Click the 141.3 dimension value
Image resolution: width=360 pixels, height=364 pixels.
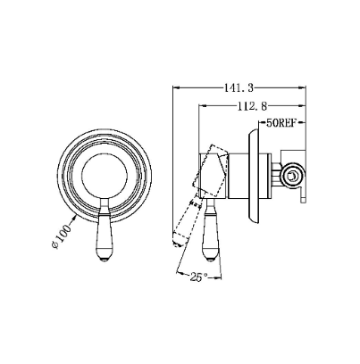point(239,87)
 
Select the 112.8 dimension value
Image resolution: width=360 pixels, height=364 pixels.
point(252,106)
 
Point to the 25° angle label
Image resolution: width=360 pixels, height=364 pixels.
point(199,277)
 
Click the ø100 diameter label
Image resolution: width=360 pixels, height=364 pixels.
point(62,236)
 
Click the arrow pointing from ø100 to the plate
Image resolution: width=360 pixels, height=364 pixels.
point(72,220)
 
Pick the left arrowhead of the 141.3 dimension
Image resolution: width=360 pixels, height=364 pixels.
point(176,87)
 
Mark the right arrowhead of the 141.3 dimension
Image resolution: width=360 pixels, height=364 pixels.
point(303,87)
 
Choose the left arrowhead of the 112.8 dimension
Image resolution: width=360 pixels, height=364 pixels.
point(202,105)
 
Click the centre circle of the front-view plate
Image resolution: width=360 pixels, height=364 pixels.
point(105,174)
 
